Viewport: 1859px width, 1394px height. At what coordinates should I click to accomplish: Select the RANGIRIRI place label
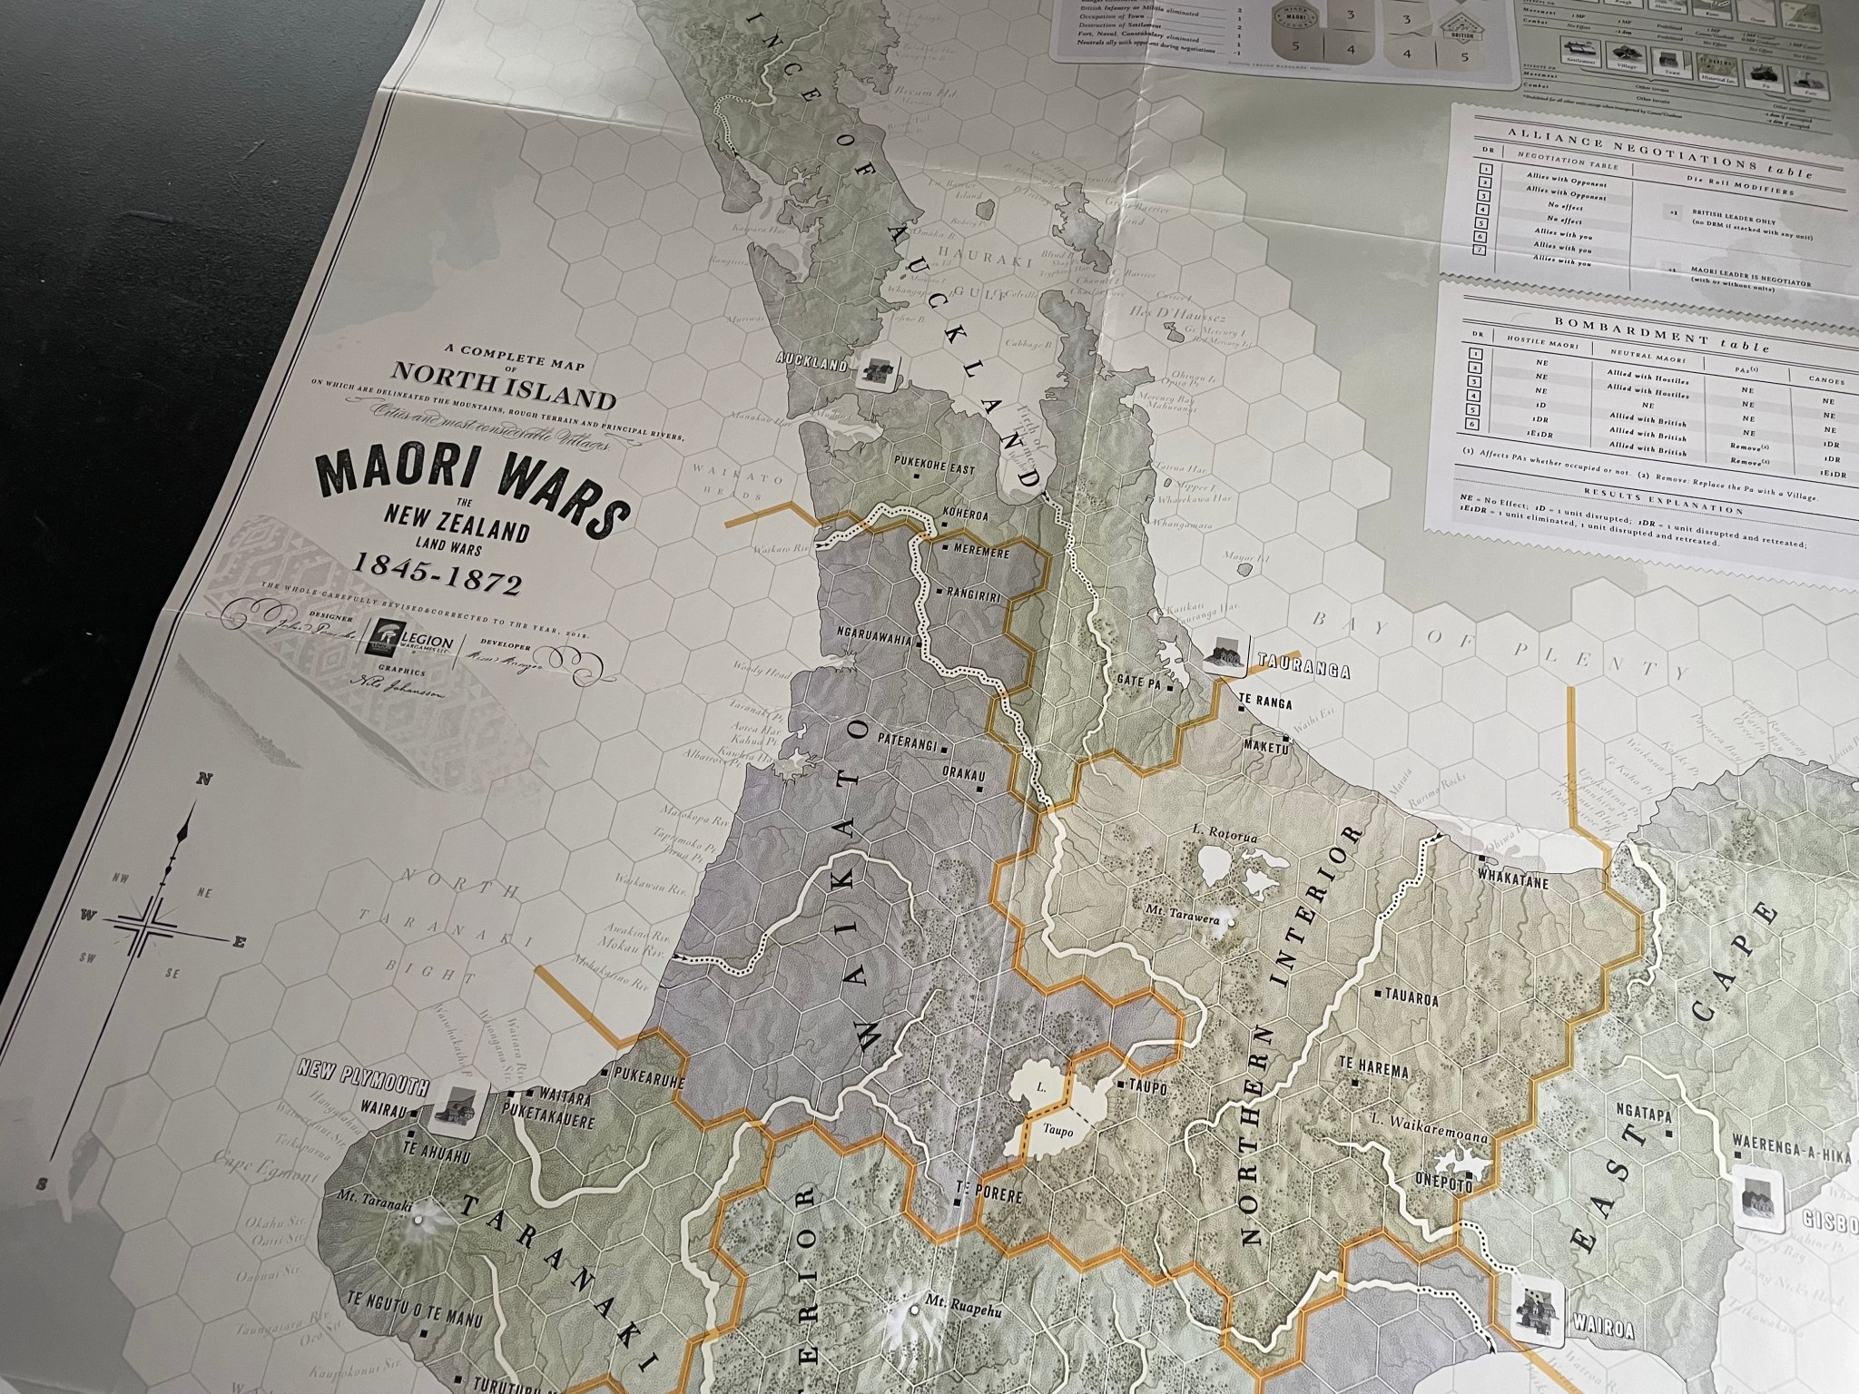coord(977,591)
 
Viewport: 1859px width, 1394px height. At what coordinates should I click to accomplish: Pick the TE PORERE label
coord(994,1196)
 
